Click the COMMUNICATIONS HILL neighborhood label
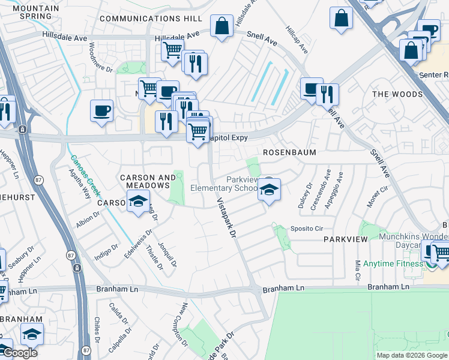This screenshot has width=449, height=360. point(151,19)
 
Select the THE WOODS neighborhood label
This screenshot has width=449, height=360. point(397,94)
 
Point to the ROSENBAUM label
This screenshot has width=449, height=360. point(289,153)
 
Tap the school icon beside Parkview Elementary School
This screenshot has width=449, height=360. point(269,190)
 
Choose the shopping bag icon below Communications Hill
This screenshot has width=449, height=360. point(221,26)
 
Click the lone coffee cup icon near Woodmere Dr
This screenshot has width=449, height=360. point(101,111)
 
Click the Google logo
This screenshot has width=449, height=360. point(19,353)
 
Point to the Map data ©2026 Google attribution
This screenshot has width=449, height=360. point(411,355)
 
